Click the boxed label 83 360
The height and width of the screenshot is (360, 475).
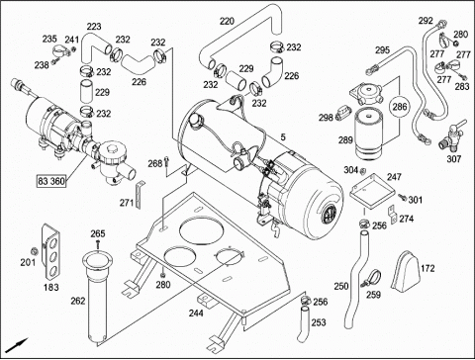(x=51, y=181)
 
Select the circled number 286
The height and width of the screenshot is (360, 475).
(x=400, y=107)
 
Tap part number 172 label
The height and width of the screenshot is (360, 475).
(x=427, y=268)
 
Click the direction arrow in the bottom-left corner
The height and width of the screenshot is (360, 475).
(x=18, y=346)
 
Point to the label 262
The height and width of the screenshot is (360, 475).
(x=78, y=301)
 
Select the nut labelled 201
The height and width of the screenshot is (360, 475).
(x=34, y=252)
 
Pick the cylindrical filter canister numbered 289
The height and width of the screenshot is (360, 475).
(x=369, y=134)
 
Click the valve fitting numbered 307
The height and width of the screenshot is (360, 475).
(x=452, y=136)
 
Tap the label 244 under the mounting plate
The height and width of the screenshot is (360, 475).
(x=196, y=313)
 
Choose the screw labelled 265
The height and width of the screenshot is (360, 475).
(x=98, y=244)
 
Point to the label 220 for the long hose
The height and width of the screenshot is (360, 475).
(x=227, y=22)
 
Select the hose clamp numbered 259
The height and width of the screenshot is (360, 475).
(x=371, y=278)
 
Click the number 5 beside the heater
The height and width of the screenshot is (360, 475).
(x=283, y=137)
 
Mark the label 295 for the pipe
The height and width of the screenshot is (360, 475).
(x=382, y=50)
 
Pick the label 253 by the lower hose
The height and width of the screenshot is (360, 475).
(x=319, y=322)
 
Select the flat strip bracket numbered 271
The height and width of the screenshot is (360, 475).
(x=140, y=195)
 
